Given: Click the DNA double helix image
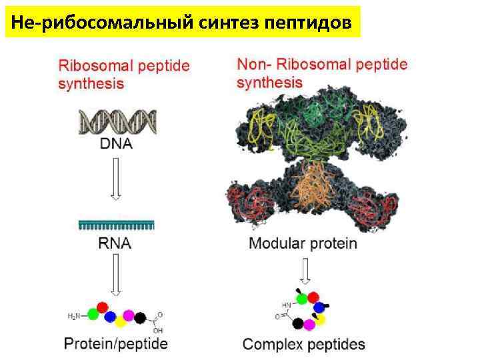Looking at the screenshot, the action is coord(117,122).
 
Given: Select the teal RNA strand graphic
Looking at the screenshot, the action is coord(116,225).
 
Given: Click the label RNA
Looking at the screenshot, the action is coord(116,243).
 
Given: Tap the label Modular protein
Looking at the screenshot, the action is coord(303,243).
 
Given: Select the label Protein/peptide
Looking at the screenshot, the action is coord(116,344).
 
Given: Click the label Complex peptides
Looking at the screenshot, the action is coord(303,345).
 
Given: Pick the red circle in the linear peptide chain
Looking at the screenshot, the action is coord(103,307).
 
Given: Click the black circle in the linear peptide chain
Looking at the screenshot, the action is coord(140,318).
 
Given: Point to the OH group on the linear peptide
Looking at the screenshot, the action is coord(157,329).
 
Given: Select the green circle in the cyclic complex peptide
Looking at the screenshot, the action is coord(303,299).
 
